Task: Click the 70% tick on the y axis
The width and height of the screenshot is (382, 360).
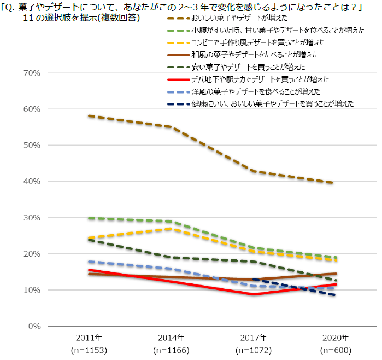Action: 31,73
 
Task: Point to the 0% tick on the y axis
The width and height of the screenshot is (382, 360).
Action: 33,326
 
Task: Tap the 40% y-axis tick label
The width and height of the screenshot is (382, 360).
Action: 31,181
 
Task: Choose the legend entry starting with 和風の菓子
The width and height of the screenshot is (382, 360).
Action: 255,55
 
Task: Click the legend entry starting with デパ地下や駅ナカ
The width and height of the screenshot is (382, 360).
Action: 260,79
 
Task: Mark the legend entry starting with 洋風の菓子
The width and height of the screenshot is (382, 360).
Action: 255,91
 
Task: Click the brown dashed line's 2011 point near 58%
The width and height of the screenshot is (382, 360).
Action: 89,116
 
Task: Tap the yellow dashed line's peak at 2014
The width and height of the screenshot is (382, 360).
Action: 172,228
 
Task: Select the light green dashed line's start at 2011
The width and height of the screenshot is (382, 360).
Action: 89,218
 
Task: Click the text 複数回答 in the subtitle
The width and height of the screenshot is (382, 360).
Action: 120,18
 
